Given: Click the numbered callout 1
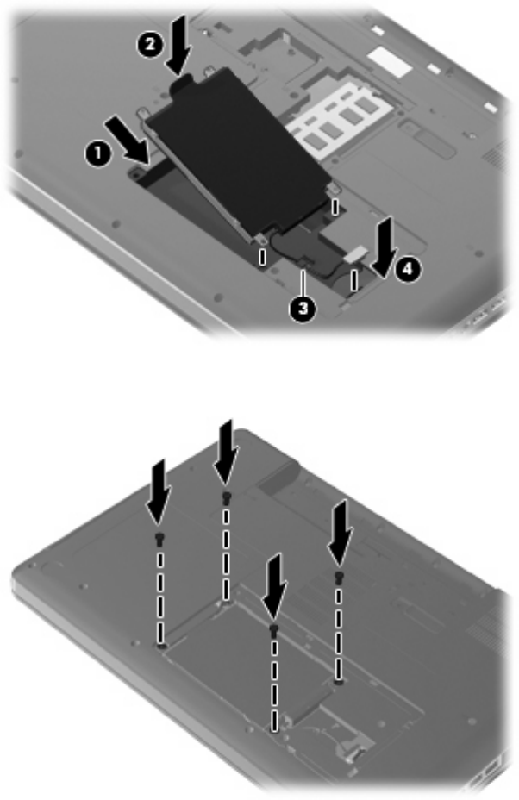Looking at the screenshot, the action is [97, 153].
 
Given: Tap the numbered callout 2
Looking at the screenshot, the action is [149, 45].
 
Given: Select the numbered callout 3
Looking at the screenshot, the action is [303, 309].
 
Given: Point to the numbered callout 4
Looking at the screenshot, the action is [407, 269].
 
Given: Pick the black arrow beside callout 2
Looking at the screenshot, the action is [178, 44].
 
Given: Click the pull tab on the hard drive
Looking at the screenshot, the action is [181, 83].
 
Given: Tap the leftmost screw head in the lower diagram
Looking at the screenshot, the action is [159, 538].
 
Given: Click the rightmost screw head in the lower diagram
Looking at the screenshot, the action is [338, 578].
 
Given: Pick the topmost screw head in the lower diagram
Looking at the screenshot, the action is [226, 497].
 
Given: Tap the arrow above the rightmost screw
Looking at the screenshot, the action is [340, 533].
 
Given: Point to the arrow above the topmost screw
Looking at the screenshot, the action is [226, 452].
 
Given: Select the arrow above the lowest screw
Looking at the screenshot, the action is [274, 586].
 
